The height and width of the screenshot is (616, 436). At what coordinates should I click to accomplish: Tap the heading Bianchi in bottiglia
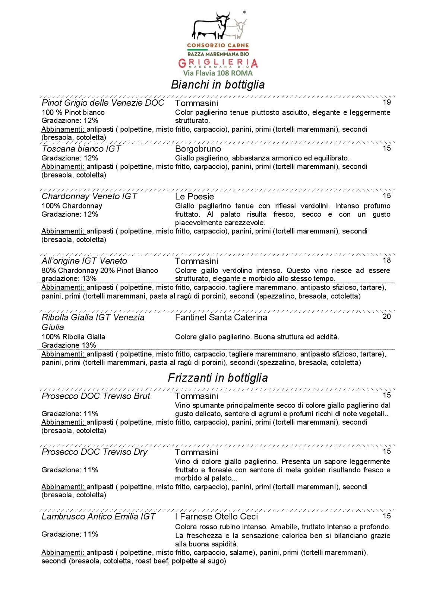click(x=218, y=85)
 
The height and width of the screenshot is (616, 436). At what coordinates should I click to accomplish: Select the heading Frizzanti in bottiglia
click(x=218, y=378)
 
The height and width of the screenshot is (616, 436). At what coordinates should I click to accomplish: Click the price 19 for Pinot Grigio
click(x=386, y=102)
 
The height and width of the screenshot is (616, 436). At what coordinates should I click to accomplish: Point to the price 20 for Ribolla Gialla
click(x=386, y=316)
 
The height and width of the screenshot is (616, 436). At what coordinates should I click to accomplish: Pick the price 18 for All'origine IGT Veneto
click(x=386, y=260)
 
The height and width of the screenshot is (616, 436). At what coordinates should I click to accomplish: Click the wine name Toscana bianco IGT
click(x=81, y=149)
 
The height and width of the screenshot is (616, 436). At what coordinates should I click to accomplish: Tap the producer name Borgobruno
click(x=198, y=149)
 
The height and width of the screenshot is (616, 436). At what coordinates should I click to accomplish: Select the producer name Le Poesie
click(x=195, y=197)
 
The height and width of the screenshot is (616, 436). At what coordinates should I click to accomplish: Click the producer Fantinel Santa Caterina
click(x=221, y=317)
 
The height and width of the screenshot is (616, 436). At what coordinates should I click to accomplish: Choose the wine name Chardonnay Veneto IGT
click(x=89, y=197)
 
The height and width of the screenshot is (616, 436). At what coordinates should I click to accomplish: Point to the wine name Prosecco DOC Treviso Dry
click(x=95, y=452)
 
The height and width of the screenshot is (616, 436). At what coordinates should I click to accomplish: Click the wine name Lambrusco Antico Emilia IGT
click(x=98, y=517)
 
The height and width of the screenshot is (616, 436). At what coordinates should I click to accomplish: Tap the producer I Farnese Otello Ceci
click(x=216, y=517)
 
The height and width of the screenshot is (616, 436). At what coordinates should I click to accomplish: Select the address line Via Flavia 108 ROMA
click(x=218, y=73)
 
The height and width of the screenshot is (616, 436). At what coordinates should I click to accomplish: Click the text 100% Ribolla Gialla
click(x=73, y=337)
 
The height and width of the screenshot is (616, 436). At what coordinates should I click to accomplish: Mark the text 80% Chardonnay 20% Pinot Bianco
click(x=100, y=271)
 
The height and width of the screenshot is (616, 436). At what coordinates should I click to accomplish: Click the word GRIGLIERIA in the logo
click(x=218, y=63)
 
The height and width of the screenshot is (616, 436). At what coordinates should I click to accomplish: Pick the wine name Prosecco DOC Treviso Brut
click(x=96, y=396)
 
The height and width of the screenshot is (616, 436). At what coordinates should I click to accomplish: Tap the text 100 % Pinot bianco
click(x=73, y=112)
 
